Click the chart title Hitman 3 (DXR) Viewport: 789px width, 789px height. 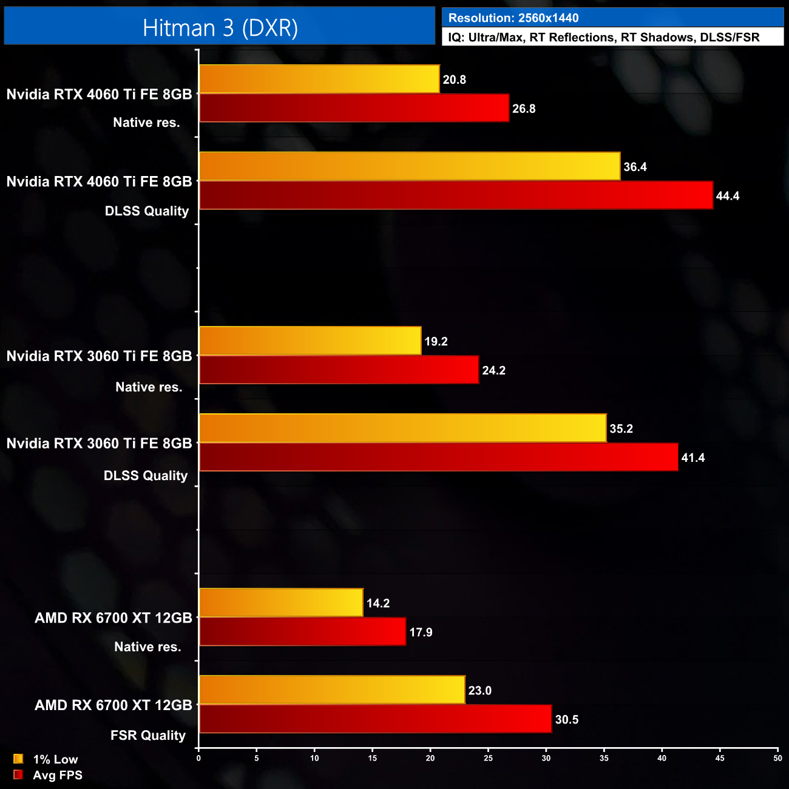tap(220, 28)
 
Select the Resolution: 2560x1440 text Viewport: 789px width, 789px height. tap(513, 18)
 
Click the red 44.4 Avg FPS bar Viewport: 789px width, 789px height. tap(455, 195)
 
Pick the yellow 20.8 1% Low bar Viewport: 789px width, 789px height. tap(319, 79)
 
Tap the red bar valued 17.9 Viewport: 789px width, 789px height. tap(302, 632)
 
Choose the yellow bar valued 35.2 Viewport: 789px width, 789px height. tap(402, 428)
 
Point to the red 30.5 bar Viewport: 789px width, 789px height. tap(375, 719)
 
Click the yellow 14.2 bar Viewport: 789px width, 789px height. tap(281, 603)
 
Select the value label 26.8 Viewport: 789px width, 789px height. tap(524, 109)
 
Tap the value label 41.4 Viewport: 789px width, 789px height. tap(692, 458)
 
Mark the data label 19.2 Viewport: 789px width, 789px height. tap(436, 341)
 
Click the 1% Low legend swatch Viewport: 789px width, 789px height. tap(18, 759)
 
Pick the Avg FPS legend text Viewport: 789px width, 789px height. tap(58, 775)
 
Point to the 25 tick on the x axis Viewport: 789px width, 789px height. tap(488, 758)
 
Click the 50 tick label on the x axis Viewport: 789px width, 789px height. tap(777, 758)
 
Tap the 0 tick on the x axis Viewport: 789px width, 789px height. tap(198, 758)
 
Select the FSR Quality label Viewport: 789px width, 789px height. tap(147, 736)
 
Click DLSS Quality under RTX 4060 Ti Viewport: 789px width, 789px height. tap(147, 211)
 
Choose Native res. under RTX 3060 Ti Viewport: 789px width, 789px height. tap(149, 387)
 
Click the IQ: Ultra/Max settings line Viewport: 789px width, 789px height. tap(603, 38)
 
